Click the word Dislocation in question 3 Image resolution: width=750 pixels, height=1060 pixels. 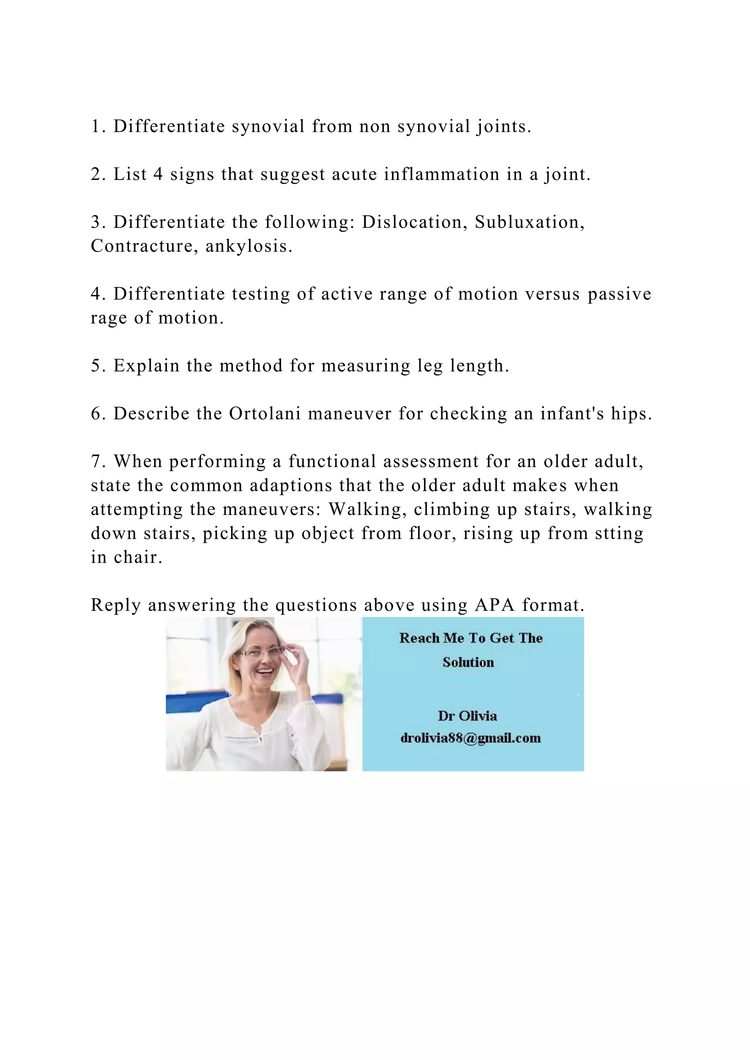(412, 222)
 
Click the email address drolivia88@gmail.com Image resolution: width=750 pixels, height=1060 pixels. (470, 738)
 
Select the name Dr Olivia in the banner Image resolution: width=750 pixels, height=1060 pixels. (467, 716)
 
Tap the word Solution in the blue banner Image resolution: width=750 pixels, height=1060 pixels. (468, 662)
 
